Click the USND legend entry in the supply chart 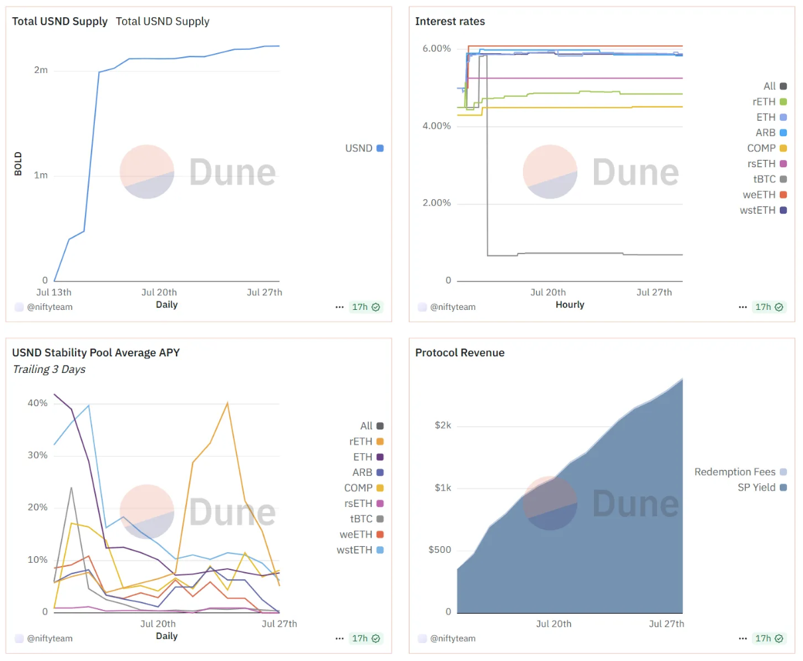coord(364,148)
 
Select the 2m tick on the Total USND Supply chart coord(40,70)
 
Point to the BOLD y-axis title coord(18,164)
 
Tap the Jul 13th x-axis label coord(54,292)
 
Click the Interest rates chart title coord(450,21)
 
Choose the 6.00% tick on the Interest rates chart coord(436,48)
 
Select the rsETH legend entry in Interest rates coord(767,164)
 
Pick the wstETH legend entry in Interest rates coord(763,210)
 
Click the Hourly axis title coord(569,305)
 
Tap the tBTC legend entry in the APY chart coord(367,518)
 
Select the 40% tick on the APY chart coord(37,403)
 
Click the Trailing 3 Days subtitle coord(49,370)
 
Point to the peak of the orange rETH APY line coord(228,402)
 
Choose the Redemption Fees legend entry coord(740,472)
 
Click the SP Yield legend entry coord(762,487)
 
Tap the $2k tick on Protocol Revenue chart coord(443,425)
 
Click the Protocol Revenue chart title coord(459,352)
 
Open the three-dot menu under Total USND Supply coord(339,307)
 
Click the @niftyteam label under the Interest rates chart coord(453,307)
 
